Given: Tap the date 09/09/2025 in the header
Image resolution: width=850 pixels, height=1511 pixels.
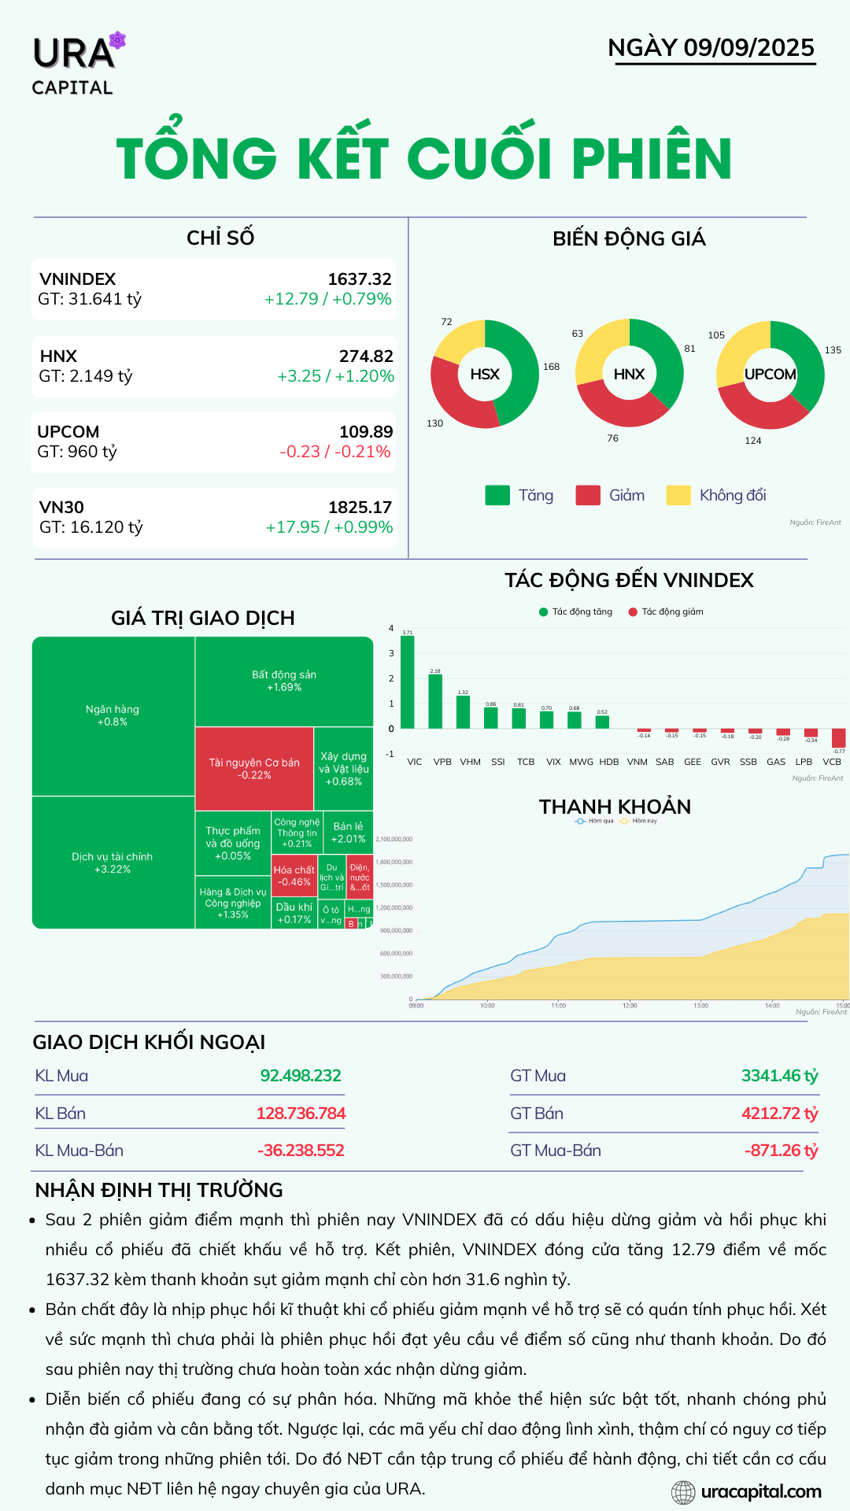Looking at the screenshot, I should [748, 47].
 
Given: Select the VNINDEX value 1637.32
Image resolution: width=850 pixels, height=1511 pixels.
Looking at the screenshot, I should [359, 279].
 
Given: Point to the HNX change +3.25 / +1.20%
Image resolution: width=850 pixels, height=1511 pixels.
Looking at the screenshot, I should [335, 376].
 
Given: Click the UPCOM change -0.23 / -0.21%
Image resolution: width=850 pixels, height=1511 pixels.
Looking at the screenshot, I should [335, 452].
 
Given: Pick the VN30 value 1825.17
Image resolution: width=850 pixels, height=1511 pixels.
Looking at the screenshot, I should [360, 508].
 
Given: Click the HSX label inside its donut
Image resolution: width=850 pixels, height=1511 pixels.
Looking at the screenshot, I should [485, 375].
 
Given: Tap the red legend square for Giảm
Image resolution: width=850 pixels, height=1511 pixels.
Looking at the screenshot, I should [588, 495].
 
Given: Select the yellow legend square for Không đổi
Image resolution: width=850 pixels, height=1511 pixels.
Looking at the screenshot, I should [678, 495].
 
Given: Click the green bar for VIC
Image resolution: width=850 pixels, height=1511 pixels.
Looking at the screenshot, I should [407, 682].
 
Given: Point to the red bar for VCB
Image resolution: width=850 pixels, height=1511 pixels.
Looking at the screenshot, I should [838, 738].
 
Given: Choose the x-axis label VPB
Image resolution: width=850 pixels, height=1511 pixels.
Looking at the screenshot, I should [442, 762].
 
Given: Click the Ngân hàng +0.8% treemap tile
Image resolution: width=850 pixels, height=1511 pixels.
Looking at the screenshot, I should [113, 715].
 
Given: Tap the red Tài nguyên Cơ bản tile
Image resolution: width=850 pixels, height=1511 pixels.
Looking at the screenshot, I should [254, 768].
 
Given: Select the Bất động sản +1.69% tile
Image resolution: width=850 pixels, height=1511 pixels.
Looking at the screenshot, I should [284, 681].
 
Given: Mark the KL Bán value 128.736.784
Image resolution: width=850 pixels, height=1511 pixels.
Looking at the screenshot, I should [301, 1114].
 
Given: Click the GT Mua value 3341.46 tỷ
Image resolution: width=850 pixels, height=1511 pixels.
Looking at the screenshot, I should [779, 1076].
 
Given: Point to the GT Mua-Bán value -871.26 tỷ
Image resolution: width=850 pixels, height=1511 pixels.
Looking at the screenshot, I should [781, 1151].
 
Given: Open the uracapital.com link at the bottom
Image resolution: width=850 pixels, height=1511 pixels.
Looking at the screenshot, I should [759, 1491].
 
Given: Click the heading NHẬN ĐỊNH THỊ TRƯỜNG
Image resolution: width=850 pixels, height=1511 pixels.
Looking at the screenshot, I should [159, 1190].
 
